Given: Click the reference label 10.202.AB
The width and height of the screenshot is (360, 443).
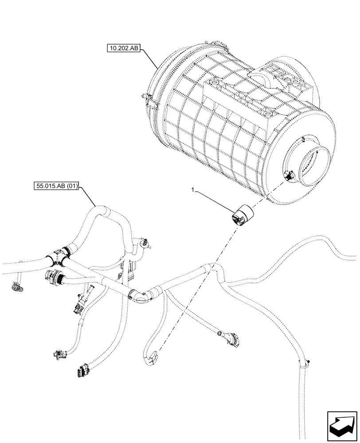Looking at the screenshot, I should click(x=123, y=48).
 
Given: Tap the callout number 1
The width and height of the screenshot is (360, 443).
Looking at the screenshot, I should click(x=192, y=189).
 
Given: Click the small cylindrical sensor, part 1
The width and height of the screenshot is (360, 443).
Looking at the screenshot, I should click(x=242, y=215).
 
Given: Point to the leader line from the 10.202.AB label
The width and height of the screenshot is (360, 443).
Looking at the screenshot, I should click(x=149, y=58).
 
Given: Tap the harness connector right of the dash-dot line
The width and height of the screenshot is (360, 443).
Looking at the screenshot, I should click(x=230, y=338).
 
